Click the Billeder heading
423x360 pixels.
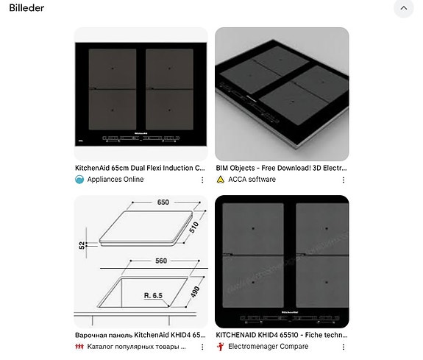click(26, 8)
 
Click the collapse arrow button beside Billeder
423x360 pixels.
click(403, 9)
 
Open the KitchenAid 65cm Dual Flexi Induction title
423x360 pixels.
click(140, 168)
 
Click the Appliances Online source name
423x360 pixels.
click(115, 180)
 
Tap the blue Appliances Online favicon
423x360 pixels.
click(79, 180)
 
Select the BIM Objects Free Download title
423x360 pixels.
click(281, 168)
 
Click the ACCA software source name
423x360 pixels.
click(252, 180)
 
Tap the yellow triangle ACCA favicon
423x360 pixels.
click(220, 180)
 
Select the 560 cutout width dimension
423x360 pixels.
click(160, 261)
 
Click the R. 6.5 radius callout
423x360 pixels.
click(154, 295)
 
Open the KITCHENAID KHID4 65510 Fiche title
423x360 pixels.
click(281, 335)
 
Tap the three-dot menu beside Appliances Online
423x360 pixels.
click(202, 180)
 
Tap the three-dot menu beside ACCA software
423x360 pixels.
click(343, 180)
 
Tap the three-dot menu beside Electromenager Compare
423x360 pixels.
click(343, 347)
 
